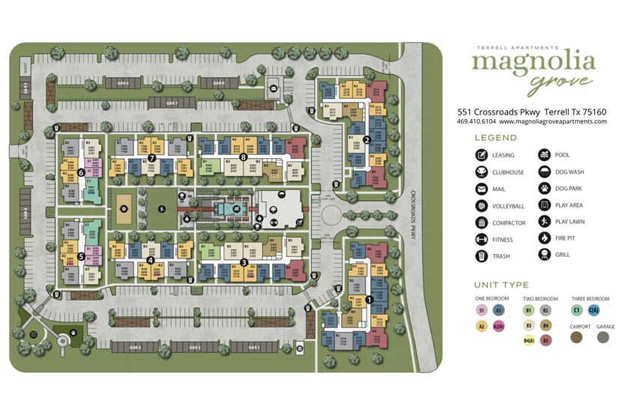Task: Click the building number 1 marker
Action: coord(368,300)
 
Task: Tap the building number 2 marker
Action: coord(366,139)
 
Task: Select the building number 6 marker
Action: coord(80,172)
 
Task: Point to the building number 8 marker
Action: coord(244,157)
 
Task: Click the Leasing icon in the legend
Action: coord(481,156)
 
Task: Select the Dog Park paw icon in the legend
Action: coord(544,189)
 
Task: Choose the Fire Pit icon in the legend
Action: coord(544,238)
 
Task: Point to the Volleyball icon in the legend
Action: coord(481,206)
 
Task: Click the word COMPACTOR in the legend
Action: coord(509,223)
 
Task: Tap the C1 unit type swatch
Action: coord(576,309)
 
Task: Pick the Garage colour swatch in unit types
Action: coord(603,337)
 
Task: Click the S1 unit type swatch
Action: coord(482,309)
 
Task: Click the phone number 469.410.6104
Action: coord(476,121)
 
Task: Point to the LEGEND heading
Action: coord(495,138)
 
